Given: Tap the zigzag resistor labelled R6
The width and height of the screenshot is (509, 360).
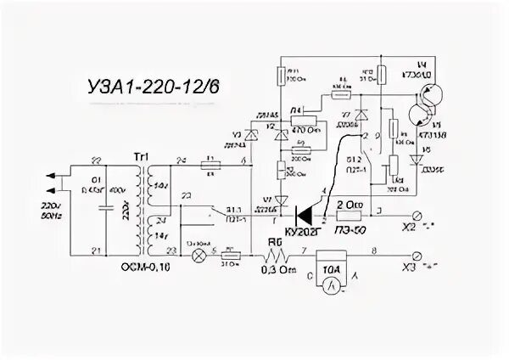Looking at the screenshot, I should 274,254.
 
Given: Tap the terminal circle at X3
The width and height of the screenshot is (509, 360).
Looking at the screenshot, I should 416,254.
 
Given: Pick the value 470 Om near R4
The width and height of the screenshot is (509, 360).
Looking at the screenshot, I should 302,130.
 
